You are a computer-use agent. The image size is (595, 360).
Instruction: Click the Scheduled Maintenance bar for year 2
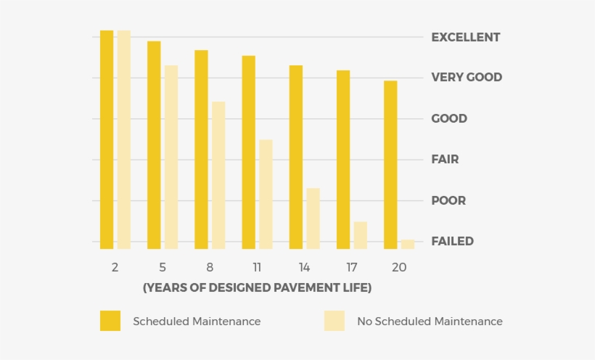(x=107, y=139)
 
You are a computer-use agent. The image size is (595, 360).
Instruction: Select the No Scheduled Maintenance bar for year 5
(x=171, y=157)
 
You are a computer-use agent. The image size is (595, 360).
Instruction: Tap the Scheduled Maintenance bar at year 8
(x=201, y=149)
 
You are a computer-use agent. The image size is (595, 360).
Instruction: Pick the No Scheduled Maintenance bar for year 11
(x=266, y=194)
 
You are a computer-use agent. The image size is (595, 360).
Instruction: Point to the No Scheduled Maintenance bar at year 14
(x=313, y=218)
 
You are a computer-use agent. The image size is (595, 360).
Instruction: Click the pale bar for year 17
(x=361, y=234)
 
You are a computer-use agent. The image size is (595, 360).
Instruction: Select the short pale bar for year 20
(x=408, y=244)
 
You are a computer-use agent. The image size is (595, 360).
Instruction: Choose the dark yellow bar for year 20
(x=390, y=164)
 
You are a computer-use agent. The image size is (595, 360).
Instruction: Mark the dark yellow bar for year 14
(x=296, y=157)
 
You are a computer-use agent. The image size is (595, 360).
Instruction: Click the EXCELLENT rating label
(x=465, y=37)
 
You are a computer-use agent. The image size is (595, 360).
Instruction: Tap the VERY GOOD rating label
(x=467, y=77)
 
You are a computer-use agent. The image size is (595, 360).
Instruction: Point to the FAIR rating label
(x=445, y=159)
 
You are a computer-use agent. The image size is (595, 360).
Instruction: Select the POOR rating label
(x=448, y=200)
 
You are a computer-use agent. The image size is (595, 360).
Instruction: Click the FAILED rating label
(x=452, y=241)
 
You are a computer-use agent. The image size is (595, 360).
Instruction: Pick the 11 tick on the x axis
(x=257, y=267)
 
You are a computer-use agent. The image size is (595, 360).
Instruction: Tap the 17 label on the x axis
(x=352, y=267)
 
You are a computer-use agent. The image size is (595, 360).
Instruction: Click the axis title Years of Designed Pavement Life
(x=257, y=288)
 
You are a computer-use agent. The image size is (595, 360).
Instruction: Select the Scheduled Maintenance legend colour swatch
(x=110, y=321)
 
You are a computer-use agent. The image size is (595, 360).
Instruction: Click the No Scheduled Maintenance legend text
(x=430, y=321)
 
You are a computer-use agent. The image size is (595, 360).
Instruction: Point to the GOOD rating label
(x=449, y=118)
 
